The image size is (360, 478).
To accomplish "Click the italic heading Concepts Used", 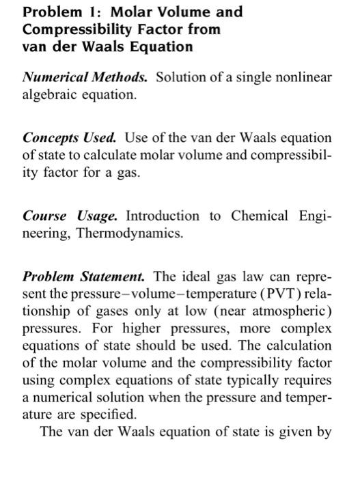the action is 67,137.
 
